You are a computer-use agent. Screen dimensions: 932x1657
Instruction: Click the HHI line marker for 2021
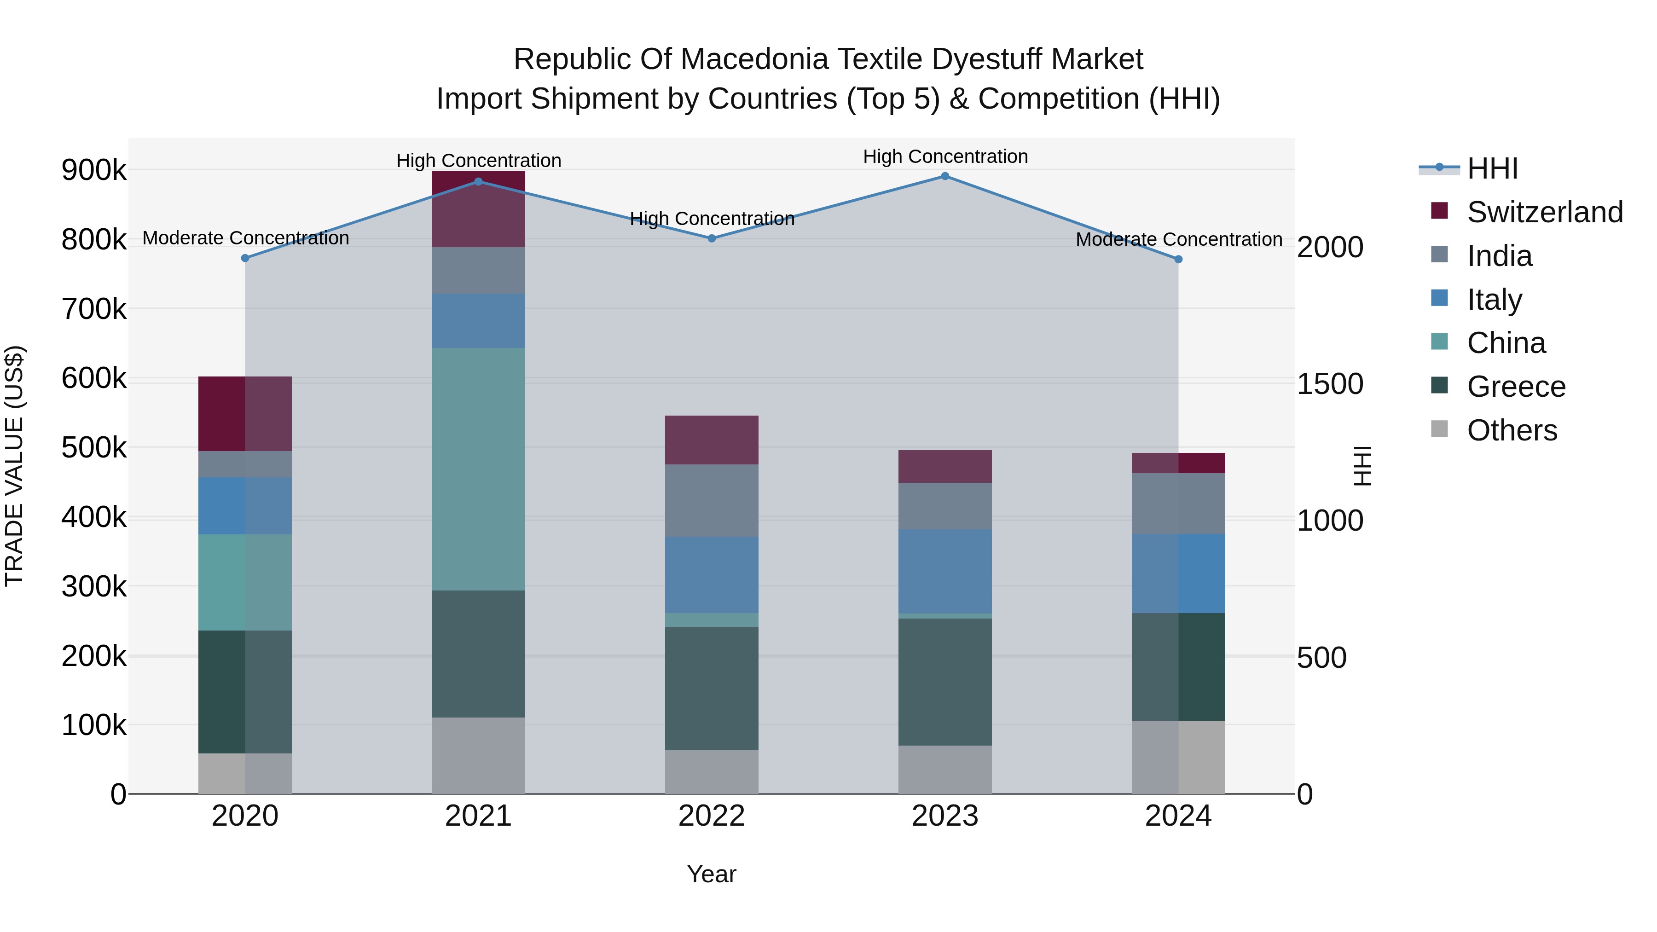pos(478,182)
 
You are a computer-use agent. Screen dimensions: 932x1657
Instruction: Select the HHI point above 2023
pos(945,176)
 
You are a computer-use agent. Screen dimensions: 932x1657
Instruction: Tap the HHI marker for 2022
pos(712,238)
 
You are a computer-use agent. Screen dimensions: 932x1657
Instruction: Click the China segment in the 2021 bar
pos(478,469)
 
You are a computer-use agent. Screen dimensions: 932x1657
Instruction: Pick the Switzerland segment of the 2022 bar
pos(712,440)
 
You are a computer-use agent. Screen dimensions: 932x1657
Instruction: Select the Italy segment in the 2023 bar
pos(945,571)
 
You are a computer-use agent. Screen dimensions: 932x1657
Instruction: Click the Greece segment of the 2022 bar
pos(712,688)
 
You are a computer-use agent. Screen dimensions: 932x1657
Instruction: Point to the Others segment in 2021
pos(478,755)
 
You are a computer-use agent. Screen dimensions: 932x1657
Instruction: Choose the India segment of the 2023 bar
pos(945,506)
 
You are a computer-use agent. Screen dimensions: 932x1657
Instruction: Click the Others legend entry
pos(1512,430)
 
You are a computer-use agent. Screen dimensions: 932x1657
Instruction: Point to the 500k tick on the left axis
pos(94,448)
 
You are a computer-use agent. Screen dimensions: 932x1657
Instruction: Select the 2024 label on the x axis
pos(1178,816)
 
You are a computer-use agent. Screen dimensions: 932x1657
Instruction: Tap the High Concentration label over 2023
pos(945,156)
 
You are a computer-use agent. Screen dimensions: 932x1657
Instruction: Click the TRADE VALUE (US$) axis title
pos(14,466)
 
